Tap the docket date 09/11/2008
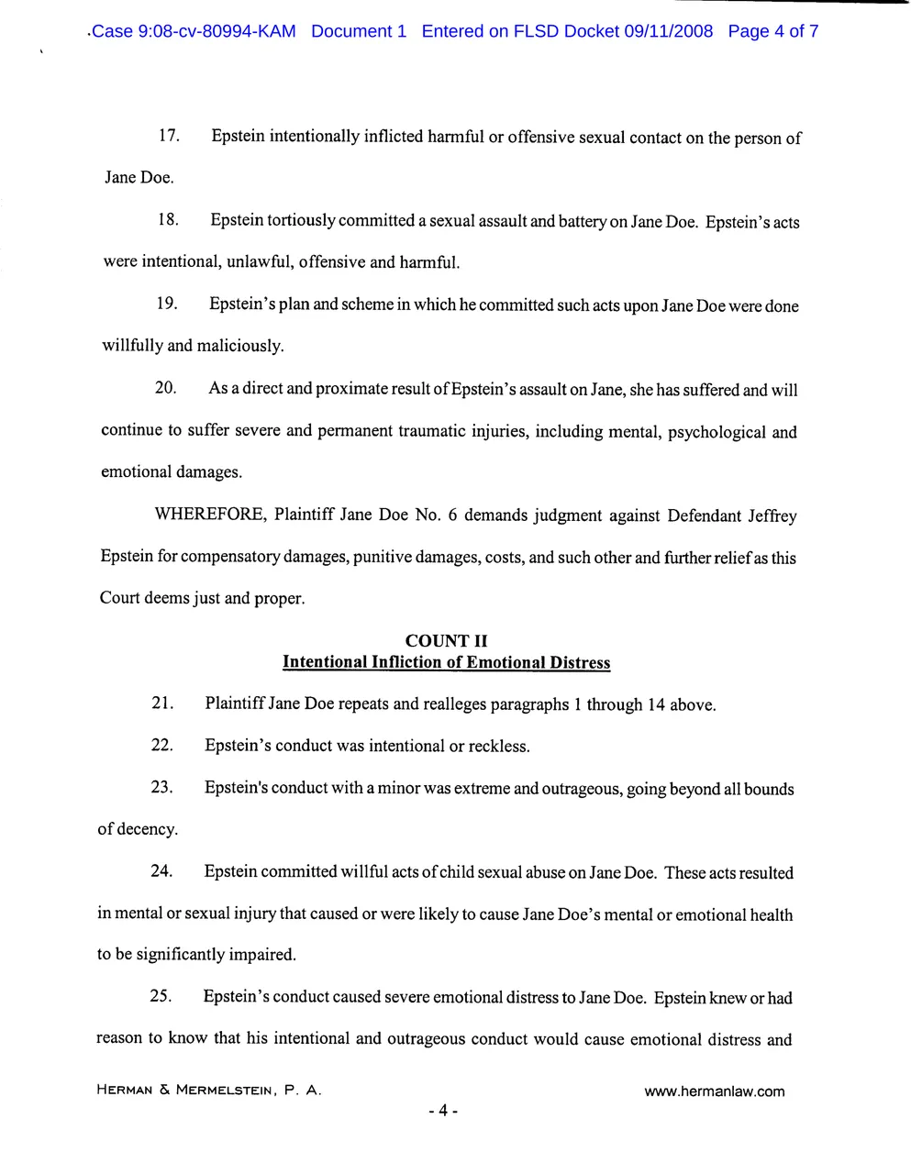coord(668,31)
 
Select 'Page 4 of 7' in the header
coord(772,31)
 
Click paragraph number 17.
coord(168,136)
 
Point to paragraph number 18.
coord(167,220)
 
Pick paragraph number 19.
coord(166,304)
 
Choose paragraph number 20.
coord(165,387)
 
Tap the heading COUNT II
coord(446,641)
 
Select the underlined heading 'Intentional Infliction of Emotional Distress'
coord(446,662)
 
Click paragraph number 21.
coord(162,703)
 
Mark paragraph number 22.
coord(162,745)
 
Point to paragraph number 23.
coord(162,787)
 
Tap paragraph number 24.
coord(161,870)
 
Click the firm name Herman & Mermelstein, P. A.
coord(209,1091)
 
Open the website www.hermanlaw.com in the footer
coord(715,1091)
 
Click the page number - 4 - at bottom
coord(443,1112)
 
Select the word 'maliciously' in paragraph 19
coord(240,346)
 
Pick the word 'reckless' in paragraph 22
coord(498,747)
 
